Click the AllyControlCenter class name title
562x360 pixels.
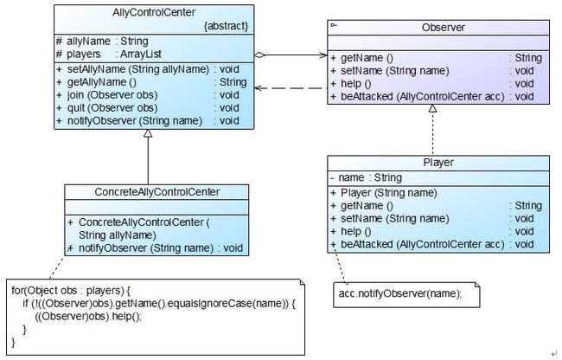pos(154,13)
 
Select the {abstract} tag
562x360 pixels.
pos(227,26)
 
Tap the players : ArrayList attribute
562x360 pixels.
pos(109,55)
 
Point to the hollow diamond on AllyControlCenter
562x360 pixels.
pos(259,55)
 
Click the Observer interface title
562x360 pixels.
pos(444,28)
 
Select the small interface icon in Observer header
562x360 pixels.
pos(334,25)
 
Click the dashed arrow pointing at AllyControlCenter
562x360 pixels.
pos(291,88)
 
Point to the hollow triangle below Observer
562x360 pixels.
pos(433,108)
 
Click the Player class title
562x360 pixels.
pos(438,163)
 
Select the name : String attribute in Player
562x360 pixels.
pos(366,178)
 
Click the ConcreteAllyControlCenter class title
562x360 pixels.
pos(157,192)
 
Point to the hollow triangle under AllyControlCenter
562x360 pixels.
pos(148,133)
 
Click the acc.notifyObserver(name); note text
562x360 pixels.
pos(400,293)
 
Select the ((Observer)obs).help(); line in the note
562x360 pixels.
pos(88,317)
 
